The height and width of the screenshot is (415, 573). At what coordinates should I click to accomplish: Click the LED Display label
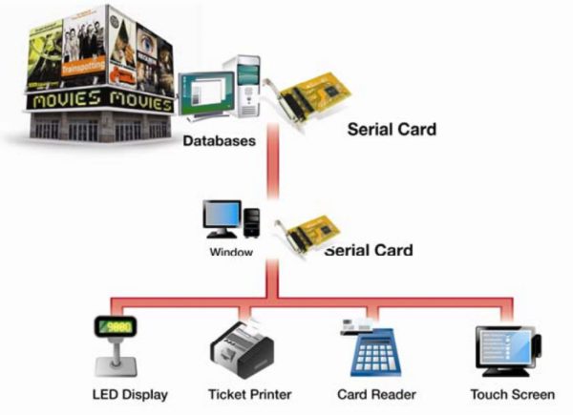click(x=130, y=394)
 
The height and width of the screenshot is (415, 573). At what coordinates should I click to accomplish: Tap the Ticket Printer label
click(x=249, y=394)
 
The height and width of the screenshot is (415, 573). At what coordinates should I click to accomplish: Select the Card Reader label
click(x=368, y=394)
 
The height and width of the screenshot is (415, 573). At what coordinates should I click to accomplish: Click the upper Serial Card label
click(x=392, y=129)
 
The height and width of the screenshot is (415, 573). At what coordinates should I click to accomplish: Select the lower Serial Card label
click(x=369, y=251)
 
